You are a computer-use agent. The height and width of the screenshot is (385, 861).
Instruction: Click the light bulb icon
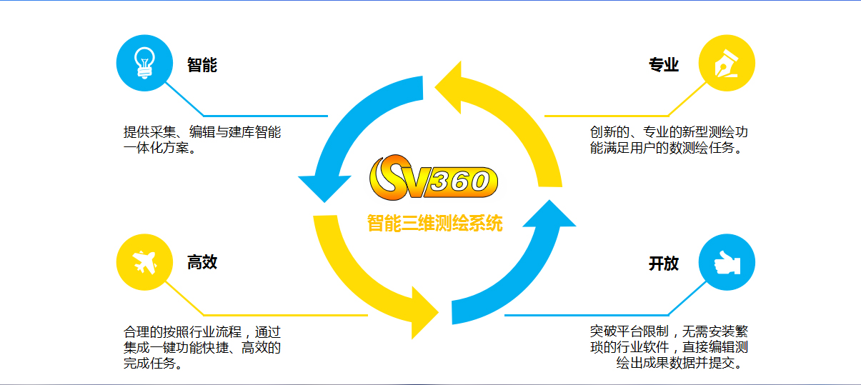[x=144, y=63]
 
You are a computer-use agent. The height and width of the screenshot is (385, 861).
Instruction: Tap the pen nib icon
[x=726, y=63]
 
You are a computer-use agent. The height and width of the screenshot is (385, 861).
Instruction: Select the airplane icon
[x=144, y=262]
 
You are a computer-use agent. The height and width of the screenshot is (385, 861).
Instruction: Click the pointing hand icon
[x=727, y=263]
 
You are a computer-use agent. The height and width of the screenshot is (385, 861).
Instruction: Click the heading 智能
[x=202, y=64]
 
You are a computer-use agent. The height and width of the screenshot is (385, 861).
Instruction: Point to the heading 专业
[x=664, y=64]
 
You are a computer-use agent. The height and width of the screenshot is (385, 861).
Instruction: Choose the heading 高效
[x=202, y=262]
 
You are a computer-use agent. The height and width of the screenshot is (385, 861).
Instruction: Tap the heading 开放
[x=664, y=263]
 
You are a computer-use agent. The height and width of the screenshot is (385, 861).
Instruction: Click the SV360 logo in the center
[x=433, y=178]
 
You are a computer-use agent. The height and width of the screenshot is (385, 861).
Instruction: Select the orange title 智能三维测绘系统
[x=434, y=224]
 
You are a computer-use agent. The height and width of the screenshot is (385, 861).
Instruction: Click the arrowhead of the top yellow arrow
[x=448, y=88]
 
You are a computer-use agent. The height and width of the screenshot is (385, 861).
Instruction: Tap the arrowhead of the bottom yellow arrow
[x=424, y=313]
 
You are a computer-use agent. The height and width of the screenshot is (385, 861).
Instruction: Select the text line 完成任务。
[x=153, y=363]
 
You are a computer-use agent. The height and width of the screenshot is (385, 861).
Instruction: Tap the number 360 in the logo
[x=459, y=181]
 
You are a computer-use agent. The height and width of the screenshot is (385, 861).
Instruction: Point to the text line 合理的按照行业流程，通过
[x=202, y=331]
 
